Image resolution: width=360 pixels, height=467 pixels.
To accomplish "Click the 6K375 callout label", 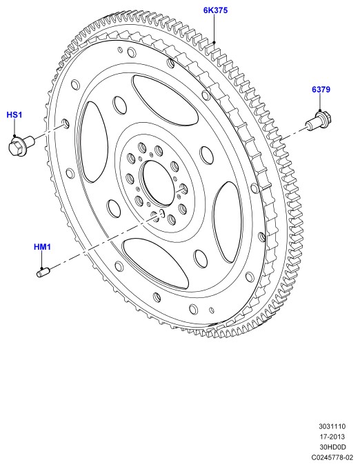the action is pos(215,10).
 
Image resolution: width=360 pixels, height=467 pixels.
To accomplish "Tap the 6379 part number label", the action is pos(321,90).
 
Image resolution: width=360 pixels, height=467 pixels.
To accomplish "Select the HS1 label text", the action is pos(14,115).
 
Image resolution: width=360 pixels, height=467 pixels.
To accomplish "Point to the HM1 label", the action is pos(42,247).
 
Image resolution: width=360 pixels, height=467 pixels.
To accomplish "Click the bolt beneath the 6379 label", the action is pos(319,120).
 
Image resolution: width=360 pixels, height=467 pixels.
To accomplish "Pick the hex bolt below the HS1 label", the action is pos(21,145).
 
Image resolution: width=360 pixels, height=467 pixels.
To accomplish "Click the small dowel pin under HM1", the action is pos(43,272).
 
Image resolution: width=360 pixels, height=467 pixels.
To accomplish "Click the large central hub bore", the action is pos(157,183).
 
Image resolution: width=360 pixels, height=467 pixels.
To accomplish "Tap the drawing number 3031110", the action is pos(332,426).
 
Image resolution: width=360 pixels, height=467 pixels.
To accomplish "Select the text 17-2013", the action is pos(332,437).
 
